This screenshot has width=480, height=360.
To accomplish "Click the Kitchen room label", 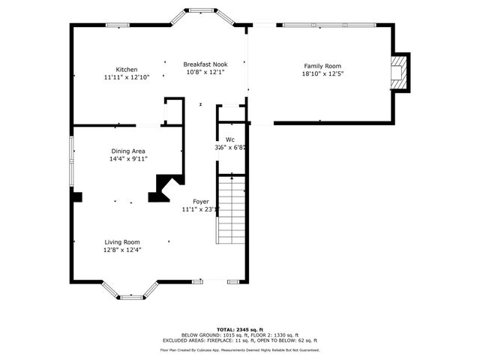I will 126,70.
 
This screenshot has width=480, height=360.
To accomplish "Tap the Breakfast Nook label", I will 205,64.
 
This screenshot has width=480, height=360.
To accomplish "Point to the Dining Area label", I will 128,151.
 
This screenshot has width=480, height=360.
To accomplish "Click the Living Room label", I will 122,241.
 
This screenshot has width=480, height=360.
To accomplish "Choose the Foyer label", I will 200,202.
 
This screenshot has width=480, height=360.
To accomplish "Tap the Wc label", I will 230,139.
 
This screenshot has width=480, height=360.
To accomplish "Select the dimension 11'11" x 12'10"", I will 126,77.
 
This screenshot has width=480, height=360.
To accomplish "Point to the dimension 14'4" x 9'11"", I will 128,158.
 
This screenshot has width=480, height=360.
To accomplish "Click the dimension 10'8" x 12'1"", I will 205,72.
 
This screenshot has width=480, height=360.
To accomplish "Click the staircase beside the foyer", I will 231,210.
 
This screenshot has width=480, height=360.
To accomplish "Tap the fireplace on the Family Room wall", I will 402,73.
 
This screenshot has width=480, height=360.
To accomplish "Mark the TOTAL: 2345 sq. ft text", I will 240,329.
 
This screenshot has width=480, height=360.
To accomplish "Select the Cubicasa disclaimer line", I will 240,349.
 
